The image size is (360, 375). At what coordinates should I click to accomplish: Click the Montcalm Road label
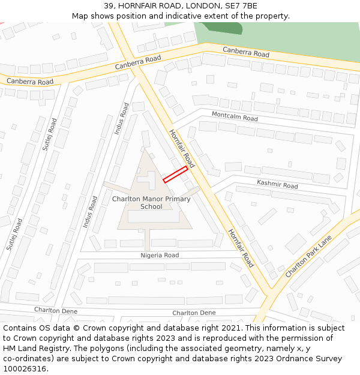point(235,116)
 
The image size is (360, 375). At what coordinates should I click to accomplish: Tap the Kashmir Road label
point(277,184)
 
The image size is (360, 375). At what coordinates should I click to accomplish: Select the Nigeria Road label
point(160,255)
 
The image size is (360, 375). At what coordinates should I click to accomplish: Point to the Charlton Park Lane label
point(308,256)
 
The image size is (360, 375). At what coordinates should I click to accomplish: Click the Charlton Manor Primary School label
point(151,203)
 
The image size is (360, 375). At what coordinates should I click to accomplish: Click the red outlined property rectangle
point(175,174)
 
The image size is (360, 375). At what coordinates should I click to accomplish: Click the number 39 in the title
point(109,5)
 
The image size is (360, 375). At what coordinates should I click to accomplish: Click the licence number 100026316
point(24,369)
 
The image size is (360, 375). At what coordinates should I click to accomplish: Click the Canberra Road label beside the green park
point(246,52)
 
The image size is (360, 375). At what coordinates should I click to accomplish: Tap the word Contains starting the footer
point(21,328)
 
